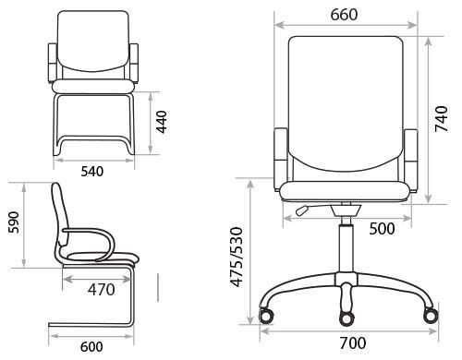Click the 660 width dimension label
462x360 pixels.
[344, 15]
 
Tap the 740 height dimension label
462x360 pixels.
[441, 119]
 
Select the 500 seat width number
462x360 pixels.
[382, 229]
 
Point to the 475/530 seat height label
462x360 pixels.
[237, 257]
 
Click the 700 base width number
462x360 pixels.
[353, 343]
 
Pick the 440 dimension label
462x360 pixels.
[161, 122]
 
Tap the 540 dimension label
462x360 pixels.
[92, 172]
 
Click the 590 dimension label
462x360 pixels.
[14, 222]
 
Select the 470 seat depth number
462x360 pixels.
[102, 290]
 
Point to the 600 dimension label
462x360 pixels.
[91, 347]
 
